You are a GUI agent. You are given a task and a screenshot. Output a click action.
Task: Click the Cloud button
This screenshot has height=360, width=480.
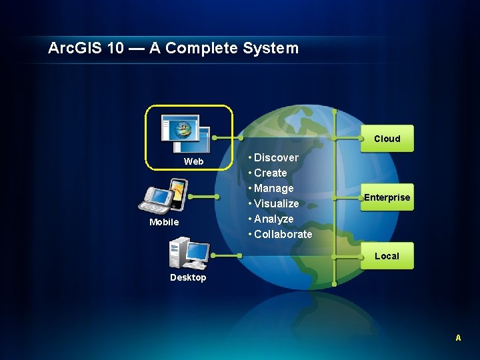tap(387, 139)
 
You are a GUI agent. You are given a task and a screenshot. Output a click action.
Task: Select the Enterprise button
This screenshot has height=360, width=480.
tap(387, 197)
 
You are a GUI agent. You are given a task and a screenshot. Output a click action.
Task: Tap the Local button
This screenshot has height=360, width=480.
tap(387, 256)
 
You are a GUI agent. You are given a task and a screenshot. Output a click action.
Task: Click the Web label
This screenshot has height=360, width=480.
tap(194, 161)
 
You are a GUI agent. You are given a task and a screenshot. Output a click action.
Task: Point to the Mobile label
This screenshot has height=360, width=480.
tap(164, 222)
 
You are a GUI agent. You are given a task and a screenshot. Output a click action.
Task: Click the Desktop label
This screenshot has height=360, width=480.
tap(188, 277)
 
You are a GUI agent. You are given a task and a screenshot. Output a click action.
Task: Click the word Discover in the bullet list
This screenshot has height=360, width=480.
tap(276, 157)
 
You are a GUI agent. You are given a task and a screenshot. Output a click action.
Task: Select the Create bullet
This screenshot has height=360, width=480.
tap(271, 173)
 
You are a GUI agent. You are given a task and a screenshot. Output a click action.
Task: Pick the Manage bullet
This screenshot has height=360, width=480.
tap(273, 188)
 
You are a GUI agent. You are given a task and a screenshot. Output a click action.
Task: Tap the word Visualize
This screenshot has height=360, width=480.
tap(276, 203)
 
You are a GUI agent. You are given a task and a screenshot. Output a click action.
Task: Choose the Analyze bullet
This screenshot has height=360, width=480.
tap(273, 219)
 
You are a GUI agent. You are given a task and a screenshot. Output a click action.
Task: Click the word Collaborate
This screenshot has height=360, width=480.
tap(283, 234)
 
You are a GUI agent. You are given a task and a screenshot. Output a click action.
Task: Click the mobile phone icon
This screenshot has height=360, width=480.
tap(163, 196)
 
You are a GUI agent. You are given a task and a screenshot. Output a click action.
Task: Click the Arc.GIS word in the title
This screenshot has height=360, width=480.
tap(73, 48)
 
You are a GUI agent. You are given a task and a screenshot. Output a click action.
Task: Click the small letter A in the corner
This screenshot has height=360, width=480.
tap(458, 338)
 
